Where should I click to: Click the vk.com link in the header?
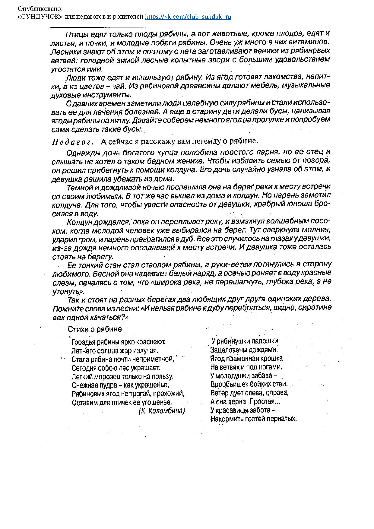pos(188,17)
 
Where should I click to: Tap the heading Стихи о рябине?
pos(96,329)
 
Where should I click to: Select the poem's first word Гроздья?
pos(83,342)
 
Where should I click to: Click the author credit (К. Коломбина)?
pos(161,411)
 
